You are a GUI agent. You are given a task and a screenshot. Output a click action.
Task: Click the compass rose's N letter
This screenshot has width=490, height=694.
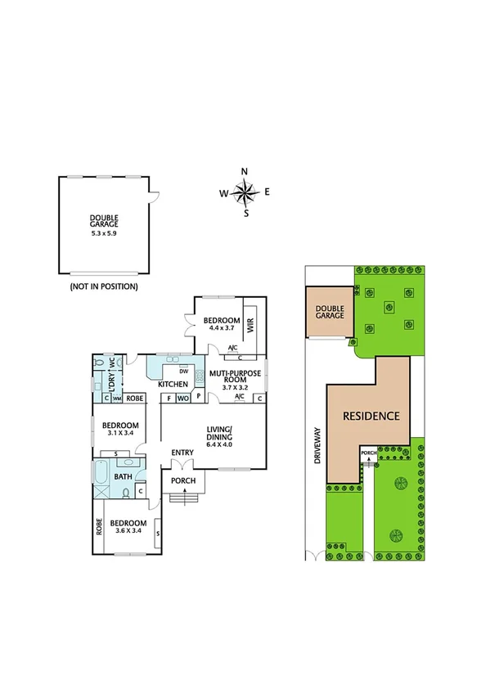245,171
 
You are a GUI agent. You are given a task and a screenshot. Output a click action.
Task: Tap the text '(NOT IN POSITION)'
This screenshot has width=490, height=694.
104,286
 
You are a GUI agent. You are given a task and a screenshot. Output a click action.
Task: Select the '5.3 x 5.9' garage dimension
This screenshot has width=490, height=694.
104,232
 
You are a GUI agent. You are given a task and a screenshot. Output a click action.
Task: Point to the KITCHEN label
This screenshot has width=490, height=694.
173,384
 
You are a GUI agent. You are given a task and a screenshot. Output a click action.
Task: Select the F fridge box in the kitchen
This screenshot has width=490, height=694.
169,399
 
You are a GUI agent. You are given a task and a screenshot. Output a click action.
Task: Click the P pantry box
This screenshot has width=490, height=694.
197,399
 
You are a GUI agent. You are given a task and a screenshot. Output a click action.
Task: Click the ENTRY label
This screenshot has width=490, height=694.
182,453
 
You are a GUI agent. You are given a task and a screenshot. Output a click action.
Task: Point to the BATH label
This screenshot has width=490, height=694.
124,476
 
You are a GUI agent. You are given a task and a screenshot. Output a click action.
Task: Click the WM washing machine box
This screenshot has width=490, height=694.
117,399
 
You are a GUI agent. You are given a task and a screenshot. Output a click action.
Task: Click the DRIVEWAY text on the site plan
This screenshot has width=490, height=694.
315,446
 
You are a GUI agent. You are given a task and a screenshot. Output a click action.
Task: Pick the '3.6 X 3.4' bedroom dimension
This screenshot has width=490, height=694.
129,530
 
